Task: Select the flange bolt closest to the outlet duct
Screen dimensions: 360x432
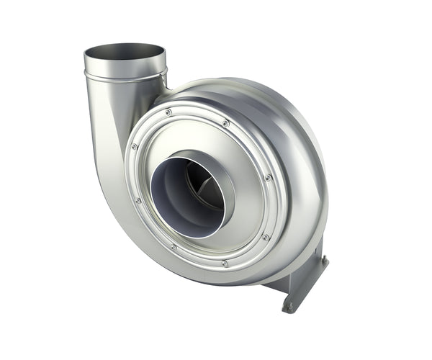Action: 168,113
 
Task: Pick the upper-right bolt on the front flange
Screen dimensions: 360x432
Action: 225,123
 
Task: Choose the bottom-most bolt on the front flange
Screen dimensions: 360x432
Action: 225,264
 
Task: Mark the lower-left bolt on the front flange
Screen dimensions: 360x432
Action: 173,247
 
